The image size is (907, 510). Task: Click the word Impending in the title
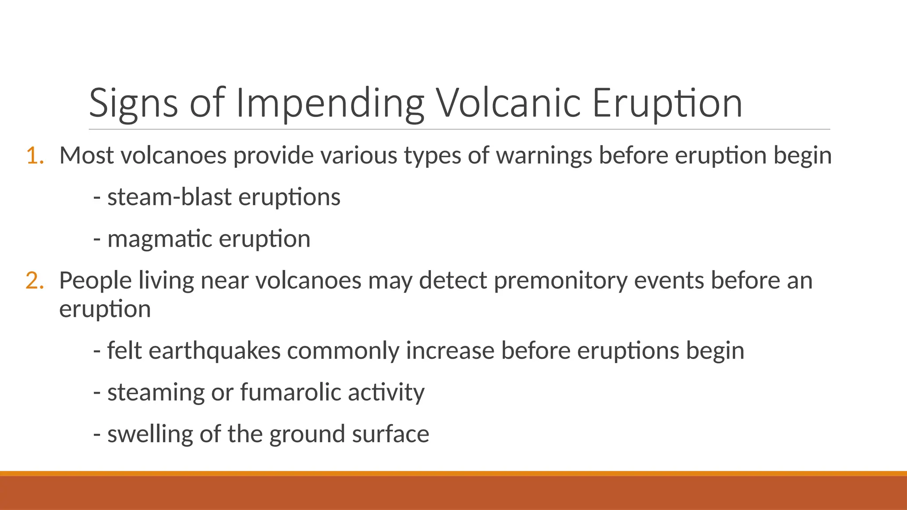coord(330,104)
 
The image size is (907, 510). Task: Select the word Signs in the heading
coord(133,104)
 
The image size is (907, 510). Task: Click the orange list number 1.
coord(35,156)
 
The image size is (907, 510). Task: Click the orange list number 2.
coord(35,281)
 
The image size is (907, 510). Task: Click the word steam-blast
coord(169,197)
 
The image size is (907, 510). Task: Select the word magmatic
coord(160,239)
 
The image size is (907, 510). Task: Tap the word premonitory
coord(560,281)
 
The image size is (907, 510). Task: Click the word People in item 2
coord(96,281)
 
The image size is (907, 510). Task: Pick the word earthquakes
coord(214,351)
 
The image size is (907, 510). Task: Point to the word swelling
coord(150,434)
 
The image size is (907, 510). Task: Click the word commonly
coord(343,351)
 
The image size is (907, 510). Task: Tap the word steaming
coord(156,392)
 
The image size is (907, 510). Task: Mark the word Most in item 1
coord(86,156)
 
